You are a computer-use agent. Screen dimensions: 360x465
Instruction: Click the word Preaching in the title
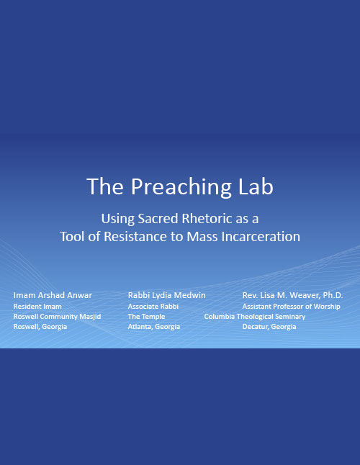181,187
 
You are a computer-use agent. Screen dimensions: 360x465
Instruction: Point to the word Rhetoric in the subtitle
207,219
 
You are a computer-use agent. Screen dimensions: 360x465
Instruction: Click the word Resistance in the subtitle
135,236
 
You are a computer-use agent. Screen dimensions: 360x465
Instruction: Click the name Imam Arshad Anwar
53,295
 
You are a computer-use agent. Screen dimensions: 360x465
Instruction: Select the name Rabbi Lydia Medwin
166,295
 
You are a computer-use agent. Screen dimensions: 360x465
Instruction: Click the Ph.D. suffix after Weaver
333,295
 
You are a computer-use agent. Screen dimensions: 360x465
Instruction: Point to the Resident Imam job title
37,307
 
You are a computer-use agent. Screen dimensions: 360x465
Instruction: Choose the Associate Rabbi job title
153,307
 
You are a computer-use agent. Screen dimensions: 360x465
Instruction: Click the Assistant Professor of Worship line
291,307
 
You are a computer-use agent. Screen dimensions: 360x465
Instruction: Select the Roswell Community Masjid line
57,317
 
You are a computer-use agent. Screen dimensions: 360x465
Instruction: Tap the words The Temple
146,317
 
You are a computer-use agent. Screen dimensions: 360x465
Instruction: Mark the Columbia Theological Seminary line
255,317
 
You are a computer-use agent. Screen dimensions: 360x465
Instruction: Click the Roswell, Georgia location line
40,327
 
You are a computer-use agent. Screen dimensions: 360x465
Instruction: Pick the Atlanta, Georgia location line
154,327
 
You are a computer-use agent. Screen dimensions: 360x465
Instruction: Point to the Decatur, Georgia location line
269,327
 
